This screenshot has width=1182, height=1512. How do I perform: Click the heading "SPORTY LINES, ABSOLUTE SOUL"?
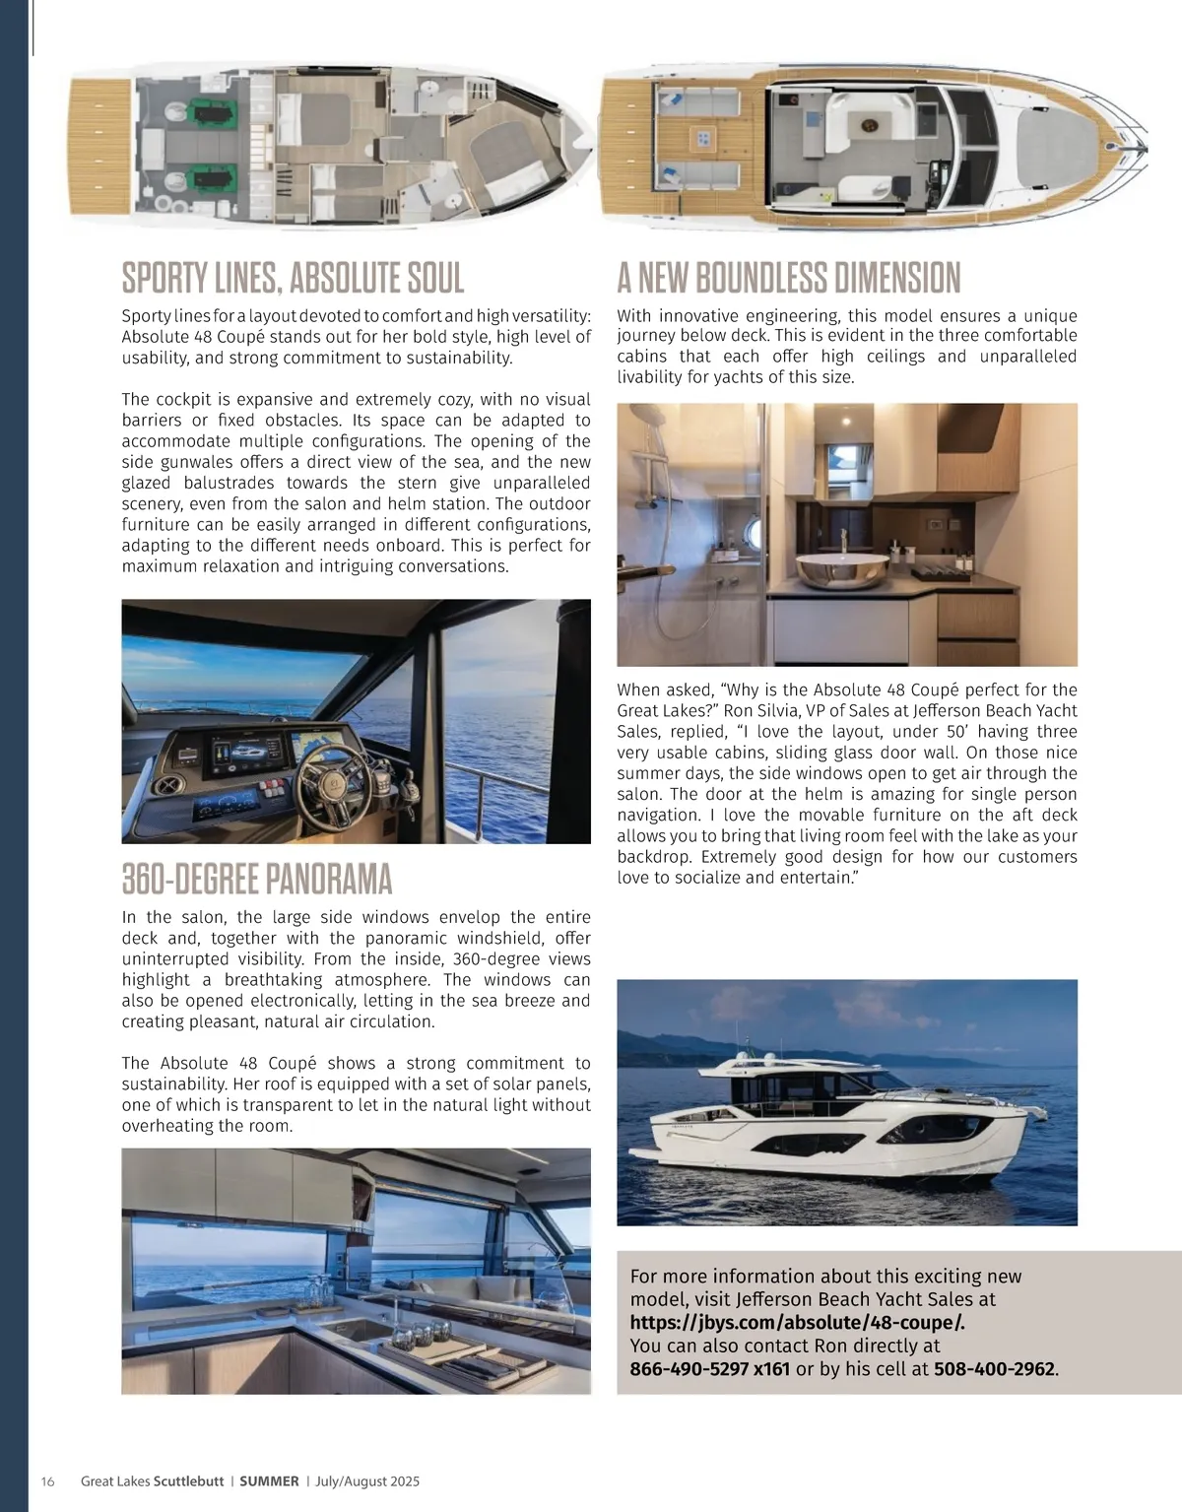tap(293, 279)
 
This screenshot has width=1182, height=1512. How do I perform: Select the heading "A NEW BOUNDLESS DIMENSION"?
tap(788, 279)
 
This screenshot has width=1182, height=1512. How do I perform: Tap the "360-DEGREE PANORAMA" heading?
tap(257, 879)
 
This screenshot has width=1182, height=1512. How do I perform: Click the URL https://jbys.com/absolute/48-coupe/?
tap(797, 1322)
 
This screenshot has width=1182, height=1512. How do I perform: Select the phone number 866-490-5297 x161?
tap(709, 1368)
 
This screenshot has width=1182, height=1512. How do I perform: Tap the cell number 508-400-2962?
tap(993, 1368)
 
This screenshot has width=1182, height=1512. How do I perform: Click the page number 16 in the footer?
tap(48, 1481)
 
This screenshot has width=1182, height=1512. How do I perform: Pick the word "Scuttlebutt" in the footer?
tap(188, 1481)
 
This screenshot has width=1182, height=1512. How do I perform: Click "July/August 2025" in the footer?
tap(367, 1481)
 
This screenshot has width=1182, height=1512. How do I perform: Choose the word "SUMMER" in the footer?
tap(269, 1481)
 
